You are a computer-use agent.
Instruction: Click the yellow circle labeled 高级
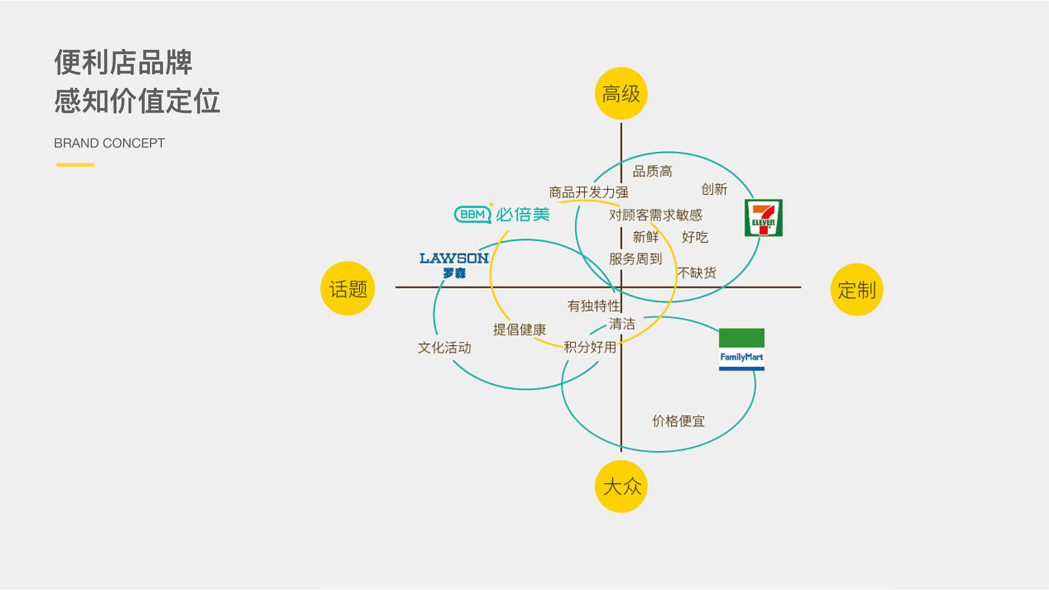[621, 93]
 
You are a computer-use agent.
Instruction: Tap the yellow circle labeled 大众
[621, 486]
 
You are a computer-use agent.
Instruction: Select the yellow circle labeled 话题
[348, 288]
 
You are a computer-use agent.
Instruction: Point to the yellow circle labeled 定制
[857, 289]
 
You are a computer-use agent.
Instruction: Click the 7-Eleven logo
[764, 218]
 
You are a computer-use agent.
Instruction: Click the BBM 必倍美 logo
[502, 214]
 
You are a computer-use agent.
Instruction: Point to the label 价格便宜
[678, 421]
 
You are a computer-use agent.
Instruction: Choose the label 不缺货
[697, 272]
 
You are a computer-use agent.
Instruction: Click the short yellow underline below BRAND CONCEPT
[76, 165]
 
